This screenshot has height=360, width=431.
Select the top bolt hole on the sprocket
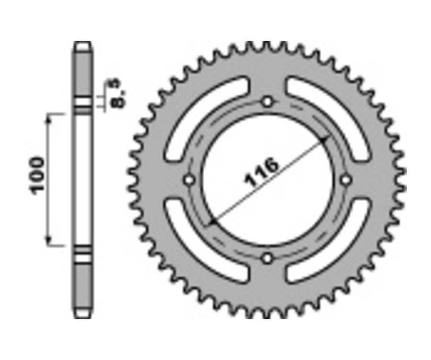[x=267, y=101]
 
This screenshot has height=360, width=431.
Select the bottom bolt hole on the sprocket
[x=267, y=259]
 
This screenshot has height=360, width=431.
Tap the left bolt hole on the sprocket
[x=189, y=180]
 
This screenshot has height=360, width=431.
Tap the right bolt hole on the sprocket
[x=346, y=180]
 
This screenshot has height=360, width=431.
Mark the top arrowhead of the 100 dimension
[x=48, y=118]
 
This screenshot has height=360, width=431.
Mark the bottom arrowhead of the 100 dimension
[x=48, y=241]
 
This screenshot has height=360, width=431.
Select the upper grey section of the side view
[x=82, y=72]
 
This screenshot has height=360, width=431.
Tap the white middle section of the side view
[x=82, y=180]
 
